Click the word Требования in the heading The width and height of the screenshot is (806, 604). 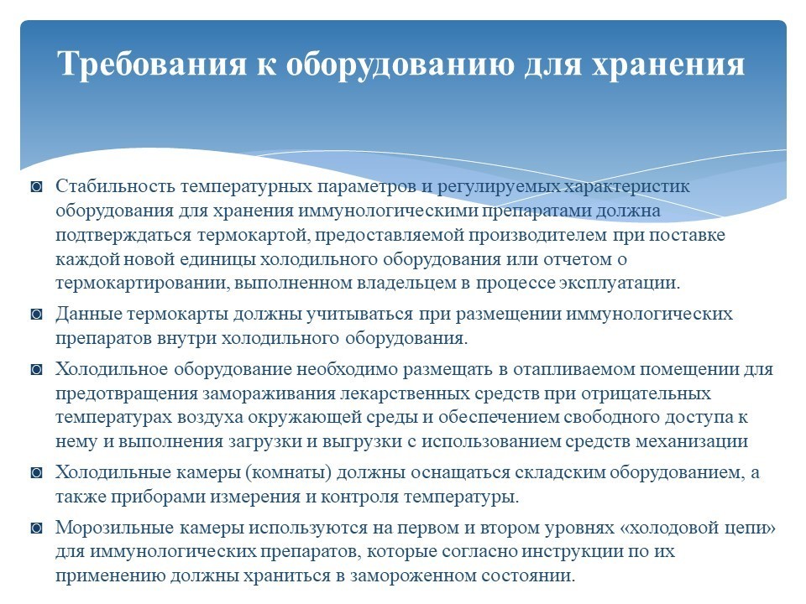click(x=152, y=64)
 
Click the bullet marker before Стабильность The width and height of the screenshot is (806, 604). click(x=36, y=186)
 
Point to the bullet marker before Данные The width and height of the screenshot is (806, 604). click(x=36, y=314)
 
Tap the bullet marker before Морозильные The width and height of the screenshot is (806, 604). click(x=36, y=528)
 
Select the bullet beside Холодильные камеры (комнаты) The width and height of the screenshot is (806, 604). click(x=36, y=472)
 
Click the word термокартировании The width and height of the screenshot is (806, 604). click(x=142, y=284)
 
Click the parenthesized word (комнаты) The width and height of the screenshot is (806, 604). click(x=288, y=472)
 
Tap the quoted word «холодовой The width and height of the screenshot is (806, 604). click(x=671, y=528)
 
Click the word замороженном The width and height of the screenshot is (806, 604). click(x=413, y=575)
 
